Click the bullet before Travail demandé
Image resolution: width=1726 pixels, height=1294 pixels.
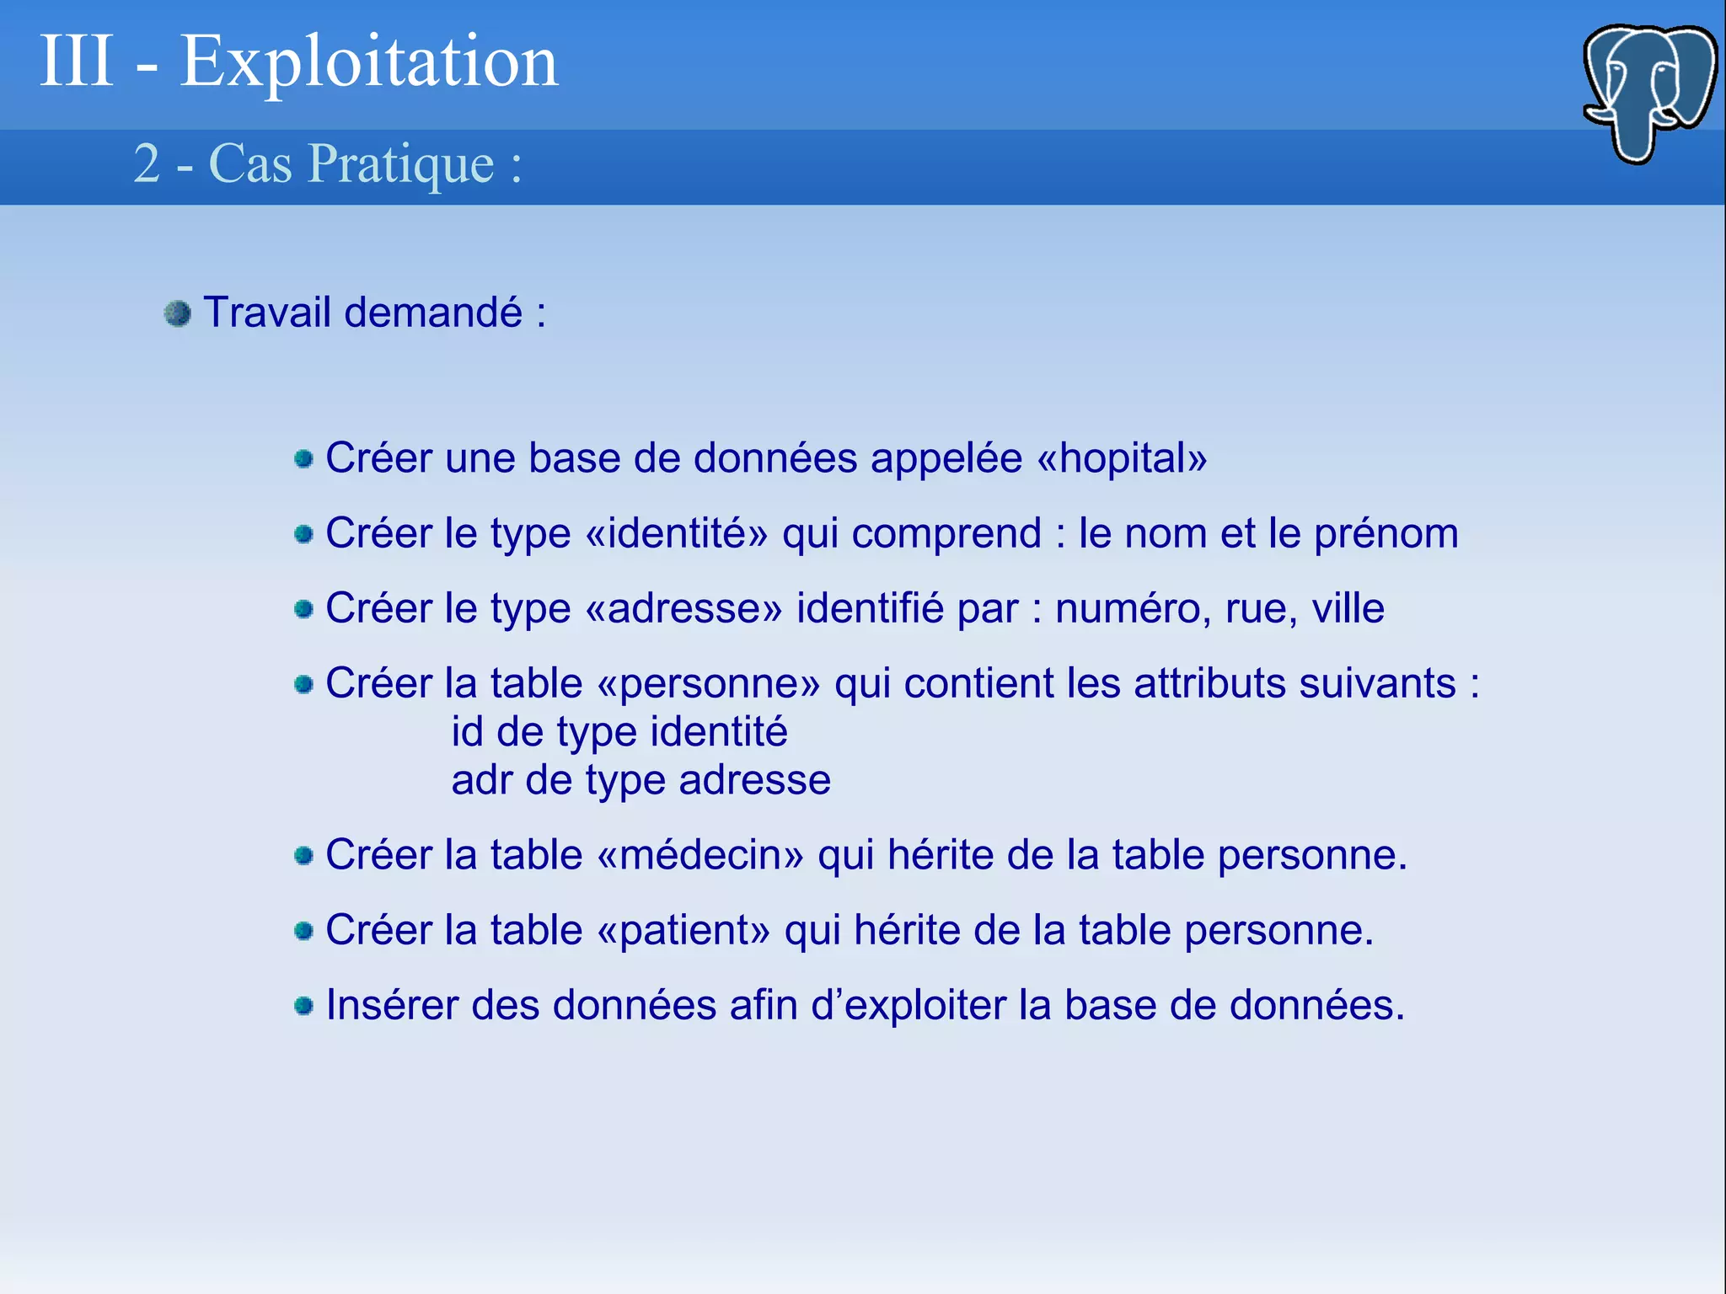coord(178,314)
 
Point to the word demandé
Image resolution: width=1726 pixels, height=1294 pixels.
coord(433,313)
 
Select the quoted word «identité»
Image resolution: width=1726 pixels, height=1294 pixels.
coord(676,534)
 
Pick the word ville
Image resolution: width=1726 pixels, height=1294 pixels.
coord(1348,609)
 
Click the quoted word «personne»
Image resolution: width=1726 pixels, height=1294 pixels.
coord(708,684)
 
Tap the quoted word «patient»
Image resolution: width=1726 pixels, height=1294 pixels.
coord(683,931)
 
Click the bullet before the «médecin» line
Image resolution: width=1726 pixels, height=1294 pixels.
coord(303,857)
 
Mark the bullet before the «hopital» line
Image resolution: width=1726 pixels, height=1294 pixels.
coord(303,459)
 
